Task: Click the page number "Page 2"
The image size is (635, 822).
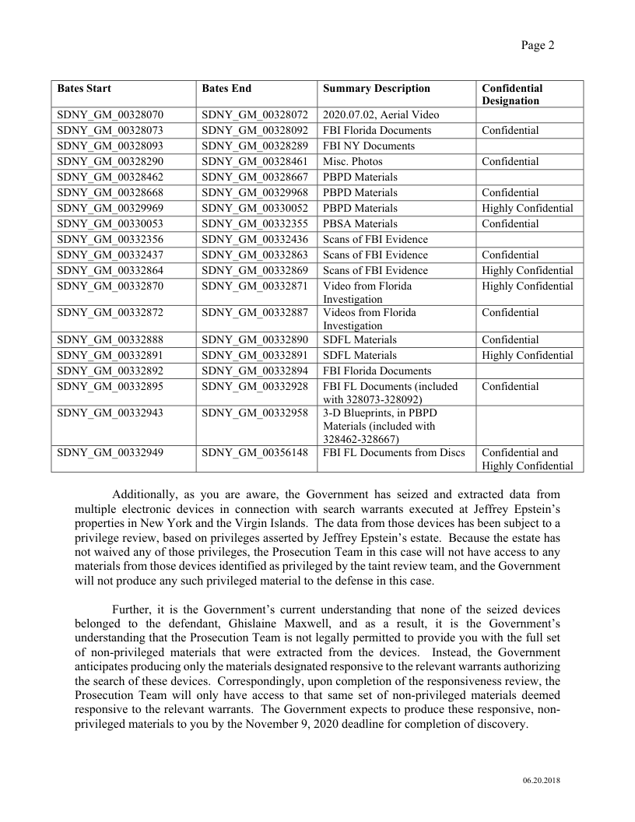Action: click(x=537, y=45)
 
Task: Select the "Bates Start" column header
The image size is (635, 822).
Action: click(x=84, y=89)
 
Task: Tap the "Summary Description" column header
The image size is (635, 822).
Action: click(x=376, y=89)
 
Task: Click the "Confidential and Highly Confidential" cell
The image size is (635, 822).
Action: click(x=527, y=459)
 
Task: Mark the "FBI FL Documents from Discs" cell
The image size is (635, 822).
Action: click(x=394, y=453)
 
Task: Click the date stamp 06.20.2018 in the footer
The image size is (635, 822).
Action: click(x=541, y=781)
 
